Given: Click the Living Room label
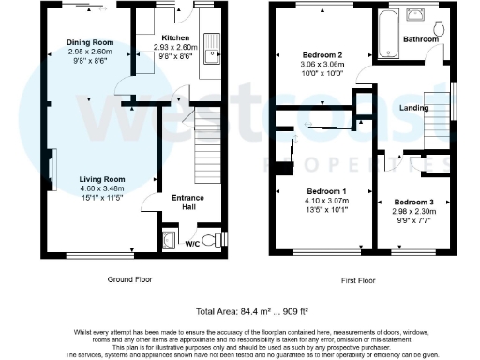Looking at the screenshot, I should [x=101, y=179].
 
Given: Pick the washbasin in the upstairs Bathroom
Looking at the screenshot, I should [x=416, y=16].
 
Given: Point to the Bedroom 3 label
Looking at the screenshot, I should [x=413, y=202].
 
